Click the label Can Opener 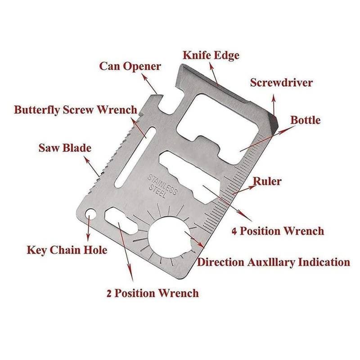[x=130, y=67]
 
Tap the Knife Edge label [x=211, y=55]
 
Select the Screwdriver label [x=281, y=83]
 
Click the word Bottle [x=305, y=120]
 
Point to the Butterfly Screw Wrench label [x=76, y=110]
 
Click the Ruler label [x=267, y=181]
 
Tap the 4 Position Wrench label [x=278, y=231]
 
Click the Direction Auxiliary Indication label [x=274, y=262]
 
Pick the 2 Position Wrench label [x=152, y=293]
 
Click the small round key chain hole [x=91, y=214]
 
